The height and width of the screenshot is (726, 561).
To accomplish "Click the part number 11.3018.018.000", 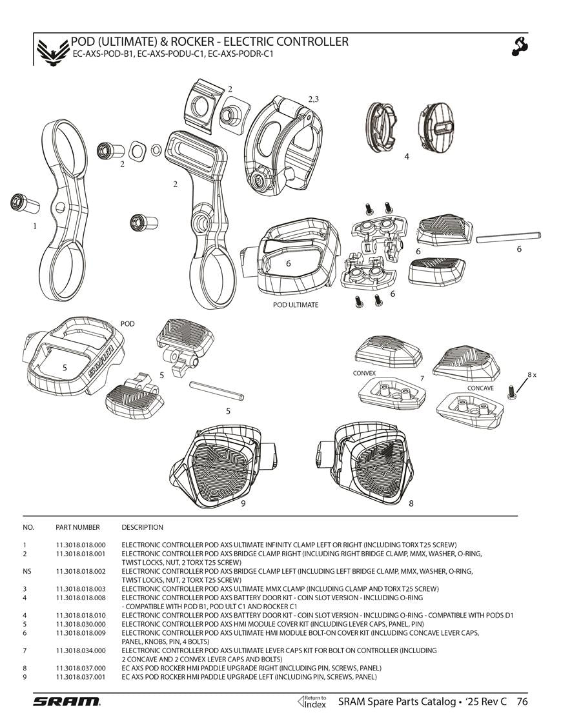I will point(81,545).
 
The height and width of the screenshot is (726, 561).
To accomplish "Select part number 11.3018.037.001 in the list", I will point(81,677).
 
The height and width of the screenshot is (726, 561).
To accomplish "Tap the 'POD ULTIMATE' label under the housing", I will point(296,305).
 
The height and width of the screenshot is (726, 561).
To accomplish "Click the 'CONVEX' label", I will point(364,374).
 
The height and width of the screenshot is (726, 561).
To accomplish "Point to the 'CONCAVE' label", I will point(480,388).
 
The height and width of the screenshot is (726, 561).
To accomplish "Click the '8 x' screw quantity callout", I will point(531,374).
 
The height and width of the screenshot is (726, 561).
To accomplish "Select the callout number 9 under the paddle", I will point(243,504).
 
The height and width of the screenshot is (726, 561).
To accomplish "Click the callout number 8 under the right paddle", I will point(411,504).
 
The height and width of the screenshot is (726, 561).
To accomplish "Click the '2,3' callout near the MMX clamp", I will point(313,99).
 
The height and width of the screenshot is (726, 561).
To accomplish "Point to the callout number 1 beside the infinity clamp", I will point(35,227).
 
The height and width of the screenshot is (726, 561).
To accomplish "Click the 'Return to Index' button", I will point(314,701).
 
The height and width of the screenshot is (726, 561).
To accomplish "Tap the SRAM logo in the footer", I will point(66,702).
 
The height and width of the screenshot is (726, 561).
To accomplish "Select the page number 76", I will point(522,702).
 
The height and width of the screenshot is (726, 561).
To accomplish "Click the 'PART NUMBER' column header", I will point(77,527).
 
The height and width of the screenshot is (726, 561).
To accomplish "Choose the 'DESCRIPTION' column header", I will point(142,527).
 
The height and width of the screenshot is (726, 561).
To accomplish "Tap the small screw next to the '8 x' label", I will point(513,391).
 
